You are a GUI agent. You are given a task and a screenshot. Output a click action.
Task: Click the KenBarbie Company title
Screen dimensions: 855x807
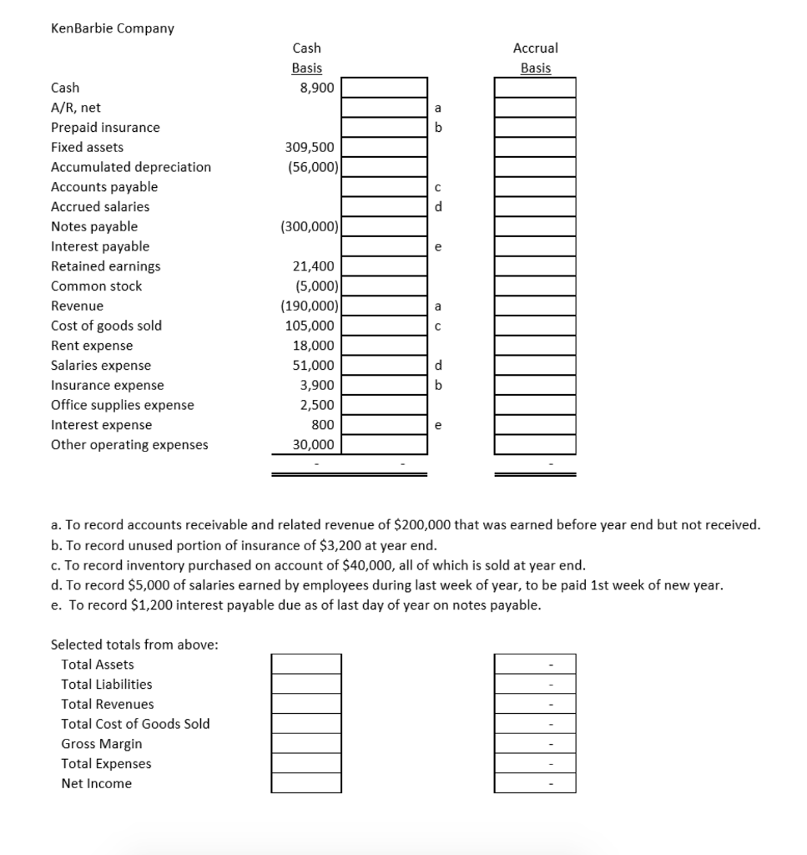pos(113,28)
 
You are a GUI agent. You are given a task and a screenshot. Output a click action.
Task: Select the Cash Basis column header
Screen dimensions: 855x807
pos(306,58)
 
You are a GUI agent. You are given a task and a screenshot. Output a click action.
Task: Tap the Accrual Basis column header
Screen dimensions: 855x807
pos(535,58)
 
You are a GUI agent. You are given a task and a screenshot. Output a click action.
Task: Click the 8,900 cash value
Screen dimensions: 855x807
pos(317,88)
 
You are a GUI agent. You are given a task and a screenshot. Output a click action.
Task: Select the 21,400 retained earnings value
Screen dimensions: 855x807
pos(315,266)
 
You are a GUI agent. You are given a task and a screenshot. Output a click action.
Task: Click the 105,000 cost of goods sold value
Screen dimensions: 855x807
pos(310,326)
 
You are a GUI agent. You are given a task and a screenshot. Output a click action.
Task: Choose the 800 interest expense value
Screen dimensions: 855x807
pos(324,425)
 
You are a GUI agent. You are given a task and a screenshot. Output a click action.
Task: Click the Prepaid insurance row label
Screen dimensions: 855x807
pos(105,128)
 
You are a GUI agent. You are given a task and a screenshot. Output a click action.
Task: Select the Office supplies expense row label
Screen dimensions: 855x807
pos(123,405)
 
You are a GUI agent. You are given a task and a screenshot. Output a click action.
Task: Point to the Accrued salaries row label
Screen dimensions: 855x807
pos(100,206)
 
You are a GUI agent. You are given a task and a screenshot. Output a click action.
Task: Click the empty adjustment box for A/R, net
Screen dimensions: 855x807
pos(381,108)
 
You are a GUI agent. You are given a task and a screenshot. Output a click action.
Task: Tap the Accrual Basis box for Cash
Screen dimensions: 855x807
pos(535,88)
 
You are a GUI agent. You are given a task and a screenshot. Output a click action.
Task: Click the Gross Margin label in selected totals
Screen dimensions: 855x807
pos(102,744)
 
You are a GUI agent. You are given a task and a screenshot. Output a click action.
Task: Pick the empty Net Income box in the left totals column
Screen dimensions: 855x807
pos(306,783)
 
